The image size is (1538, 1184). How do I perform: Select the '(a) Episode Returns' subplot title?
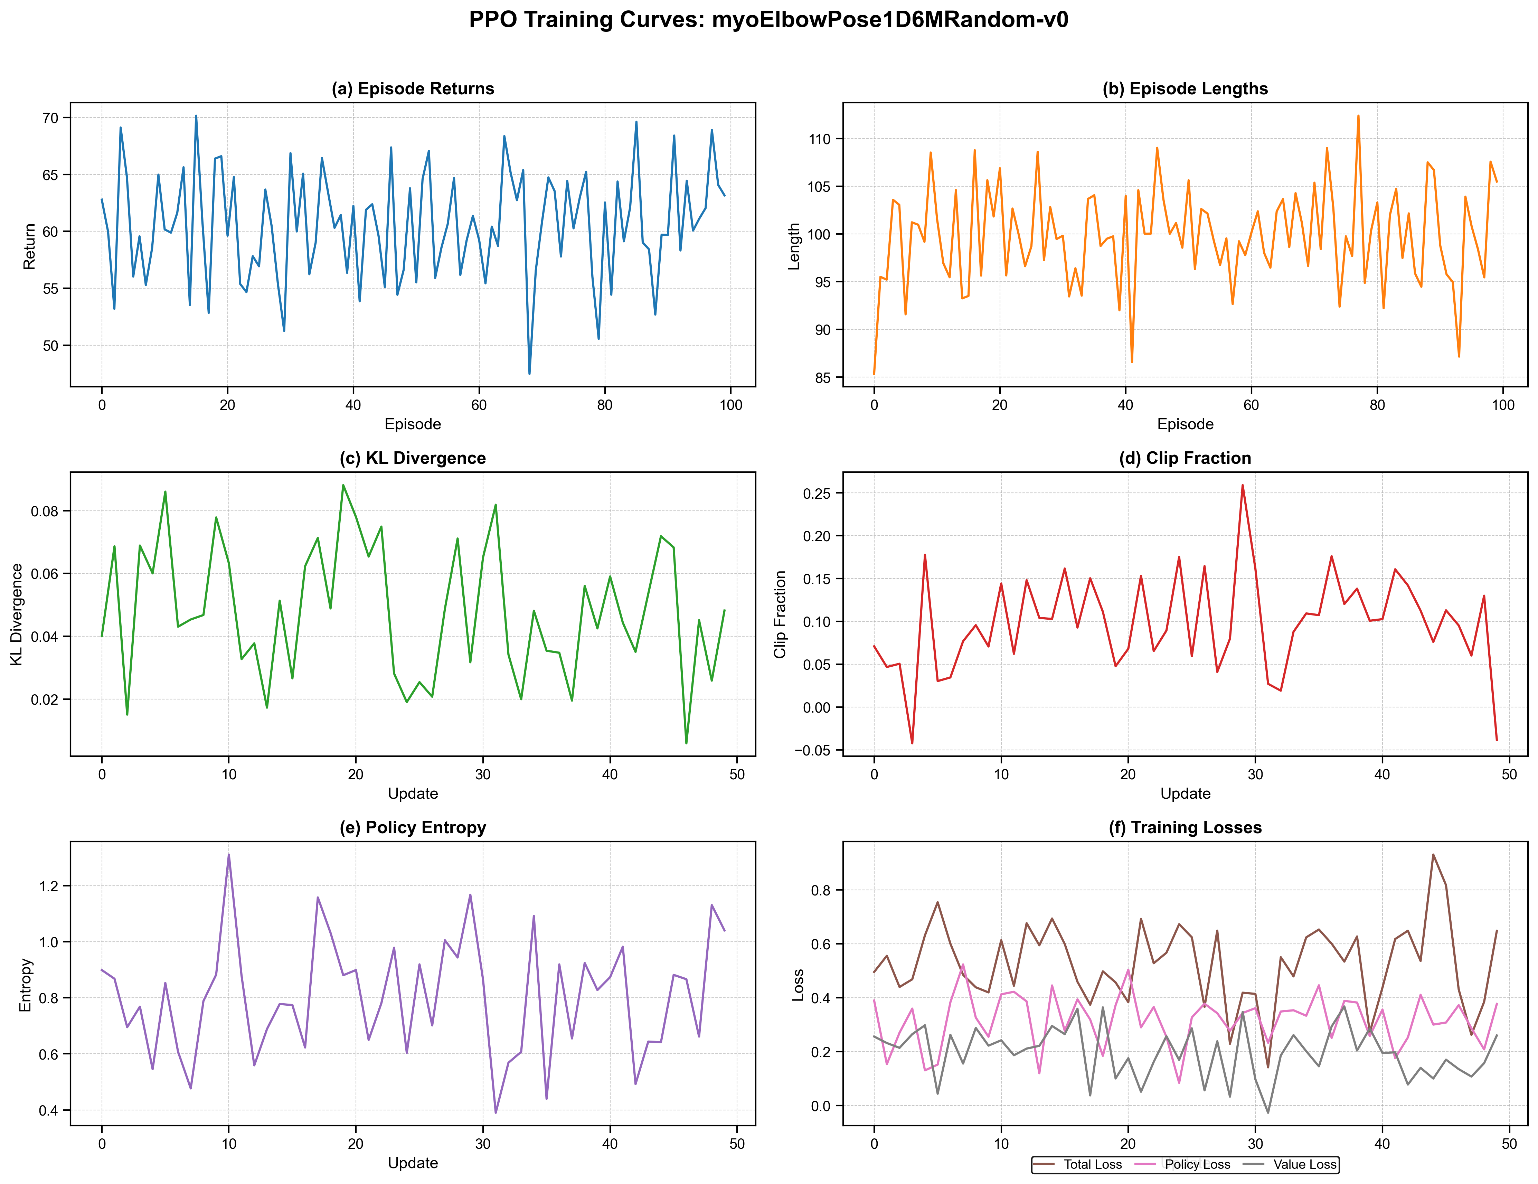pos(413,89)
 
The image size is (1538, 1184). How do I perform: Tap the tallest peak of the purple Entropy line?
pos(229,854)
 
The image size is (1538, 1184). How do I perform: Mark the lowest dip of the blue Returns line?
pos(530,373)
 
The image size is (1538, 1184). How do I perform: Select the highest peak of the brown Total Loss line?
pos(1433,854)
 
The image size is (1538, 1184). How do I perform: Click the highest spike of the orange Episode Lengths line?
pos(1358,115)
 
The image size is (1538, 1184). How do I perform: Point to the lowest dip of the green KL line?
pos(687,743)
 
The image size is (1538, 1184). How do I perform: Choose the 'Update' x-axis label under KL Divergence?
pos(413,794)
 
